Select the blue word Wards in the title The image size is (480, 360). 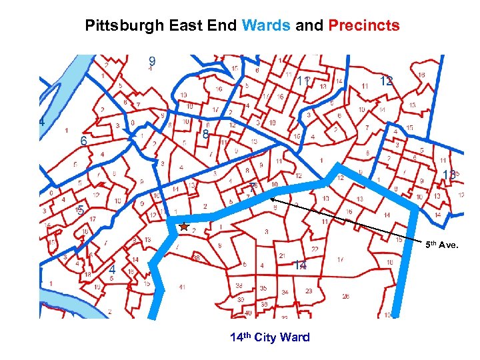click(266, 26)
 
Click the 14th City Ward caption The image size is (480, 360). click(269, 337)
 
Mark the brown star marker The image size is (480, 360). click(184, 227)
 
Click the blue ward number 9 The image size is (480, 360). click(153, 61)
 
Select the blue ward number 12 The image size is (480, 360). click(385, 81)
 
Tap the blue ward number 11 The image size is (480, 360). click(303, 81)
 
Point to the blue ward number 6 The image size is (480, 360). click(83, 141)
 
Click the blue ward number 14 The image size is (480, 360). click(301, 265)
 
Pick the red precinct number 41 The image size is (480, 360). click(182, 287)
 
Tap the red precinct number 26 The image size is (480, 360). click(345, 296)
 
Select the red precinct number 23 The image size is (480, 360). click(309, 291)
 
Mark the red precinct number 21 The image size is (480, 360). click(283, 256)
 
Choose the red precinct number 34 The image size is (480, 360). click(285, 292)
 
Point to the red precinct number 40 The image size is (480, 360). click(248, 313)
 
